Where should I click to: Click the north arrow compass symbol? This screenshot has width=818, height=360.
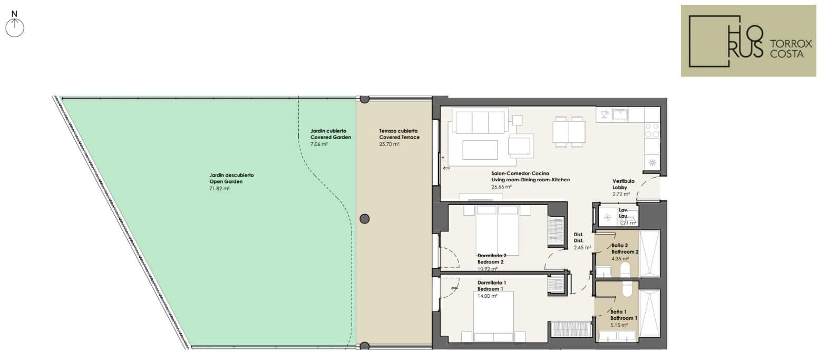(15, 28)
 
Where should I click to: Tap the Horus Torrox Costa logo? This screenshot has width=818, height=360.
(748, 41)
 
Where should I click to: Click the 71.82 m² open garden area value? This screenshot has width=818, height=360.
(219, 189)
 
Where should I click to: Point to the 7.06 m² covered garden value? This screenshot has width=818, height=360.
(319, 144)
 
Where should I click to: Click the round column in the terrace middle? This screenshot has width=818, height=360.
(364, 219)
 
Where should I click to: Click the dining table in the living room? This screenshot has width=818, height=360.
(569, 132)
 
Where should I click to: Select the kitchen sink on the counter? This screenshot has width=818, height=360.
(620, 115)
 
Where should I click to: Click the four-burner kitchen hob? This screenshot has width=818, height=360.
(652, 130)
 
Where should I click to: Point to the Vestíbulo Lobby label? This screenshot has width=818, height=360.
(624, 184)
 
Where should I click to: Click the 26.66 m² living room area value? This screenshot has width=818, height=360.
(501, 187)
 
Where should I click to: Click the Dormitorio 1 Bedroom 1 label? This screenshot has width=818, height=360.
(492, 286)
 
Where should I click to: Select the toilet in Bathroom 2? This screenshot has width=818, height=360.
(625, 269)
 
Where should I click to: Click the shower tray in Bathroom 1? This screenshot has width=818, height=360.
(650, 313)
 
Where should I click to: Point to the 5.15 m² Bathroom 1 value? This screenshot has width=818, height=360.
(619, 325)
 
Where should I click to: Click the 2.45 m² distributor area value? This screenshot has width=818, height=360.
(582, 247)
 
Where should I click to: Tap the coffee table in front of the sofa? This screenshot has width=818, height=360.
(480, 150)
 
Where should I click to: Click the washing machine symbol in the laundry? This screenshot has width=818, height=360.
(607, 218)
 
